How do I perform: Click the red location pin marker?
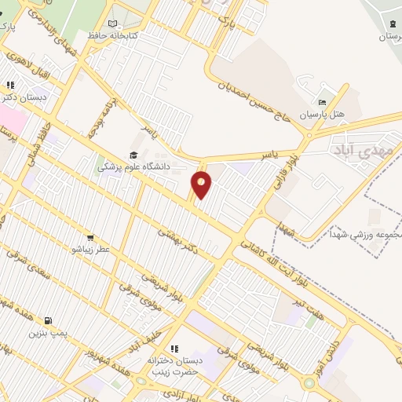point(202,184)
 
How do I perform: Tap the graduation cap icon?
point(133,155)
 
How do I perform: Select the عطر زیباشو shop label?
point(89,249)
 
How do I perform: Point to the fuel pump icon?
point(49,320)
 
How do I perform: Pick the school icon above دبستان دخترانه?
point(175,349)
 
